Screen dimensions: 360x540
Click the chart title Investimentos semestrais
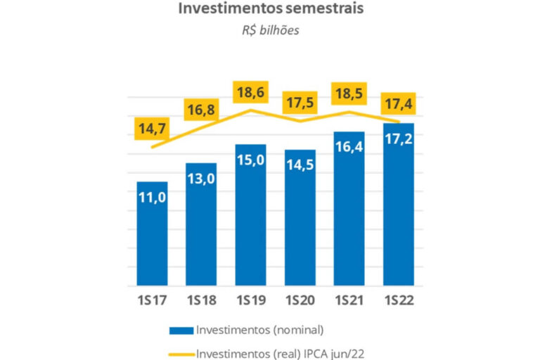(270, 9)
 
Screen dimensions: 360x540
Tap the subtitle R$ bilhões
(271, 30)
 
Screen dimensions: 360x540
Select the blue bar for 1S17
(152, 236)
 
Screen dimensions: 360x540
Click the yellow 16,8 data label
(202, 110)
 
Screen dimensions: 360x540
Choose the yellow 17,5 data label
(301, 103)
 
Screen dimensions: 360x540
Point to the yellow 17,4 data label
(398, 103)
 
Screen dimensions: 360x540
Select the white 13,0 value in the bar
(201, 179)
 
